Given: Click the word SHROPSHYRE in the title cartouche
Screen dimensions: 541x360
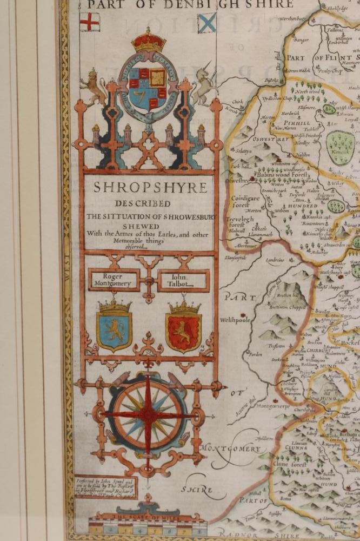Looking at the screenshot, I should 150,188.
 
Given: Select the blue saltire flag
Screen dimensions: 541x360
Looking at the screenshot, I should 206,23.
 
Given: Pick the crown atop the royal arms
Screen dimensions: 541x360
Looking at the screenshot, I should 148,40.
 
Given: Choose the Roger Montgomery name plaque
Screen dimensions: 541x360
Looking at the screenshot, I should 113,280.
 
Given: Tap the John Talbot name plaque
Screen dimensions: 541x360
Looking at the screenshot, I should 183,280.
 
